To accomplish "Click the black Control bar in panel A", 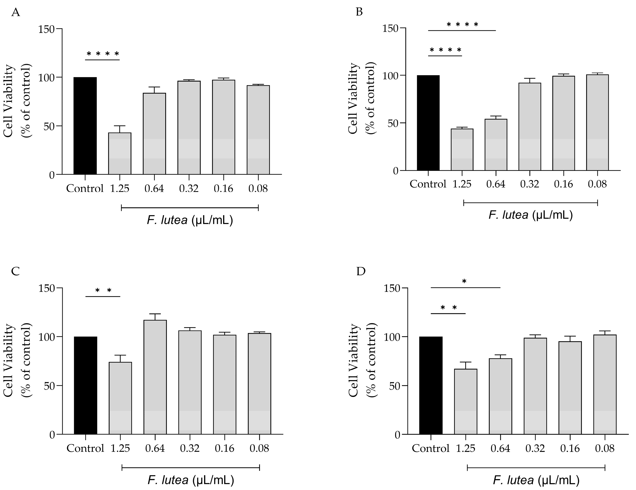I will (x=85, y=126).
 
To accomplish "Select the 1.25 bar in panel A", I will (x=120, y=153).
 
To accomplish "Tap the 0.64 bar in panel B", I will (x=496, y=145).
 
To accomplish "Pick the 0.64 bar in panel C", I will (x=155, y=377).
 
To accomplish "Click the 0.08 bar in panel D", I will (x=605, y=384).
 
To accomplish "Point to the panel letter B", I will (x=359, y=12).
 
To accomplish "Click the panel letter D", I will (x=361, y=271).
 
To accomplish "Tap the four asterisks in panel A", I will (x=103, y=54).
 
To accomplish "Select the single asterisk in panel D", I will (x=464, y=281).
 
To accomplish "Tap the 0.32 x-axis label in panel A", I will (x=189, y=188).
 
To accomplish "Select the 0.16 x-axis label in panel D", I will (x=570, y=448).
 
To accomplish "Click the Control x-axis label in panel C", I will (x=85, y=448).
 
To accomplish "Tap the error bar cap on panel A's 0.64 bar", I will (x=154, y=87).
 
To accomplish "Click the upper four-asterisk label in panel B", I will (x=462, y=25).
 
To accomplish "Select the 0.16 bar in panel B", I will (x=564, y=123).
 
